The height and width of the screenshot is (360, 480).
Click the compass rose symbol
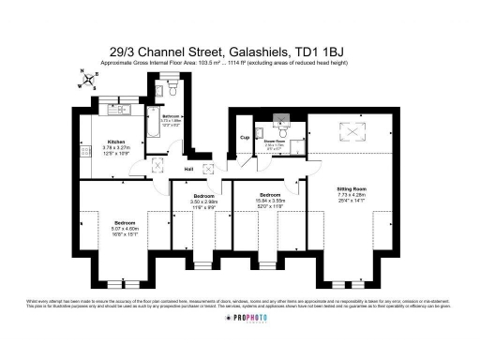(x=87, y=78)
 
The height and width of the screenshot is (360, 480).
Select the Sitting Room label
(x=351, y=189)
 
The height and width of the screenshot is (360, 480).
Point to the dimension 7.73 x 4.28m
(x=351, y=195)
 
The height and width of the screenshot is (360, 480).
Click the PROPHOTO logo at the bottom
(x=239, y=319)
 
